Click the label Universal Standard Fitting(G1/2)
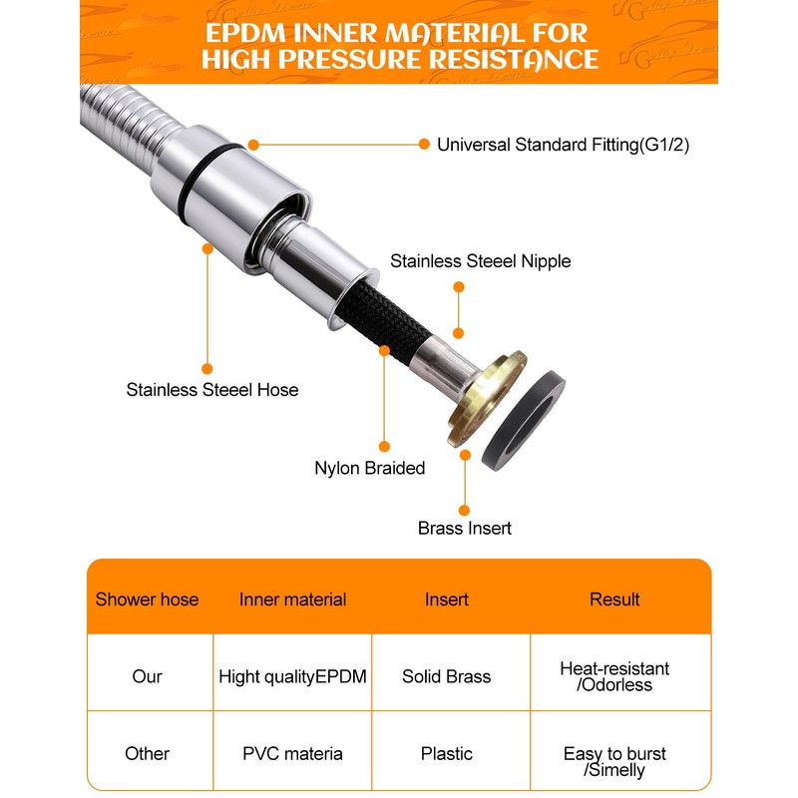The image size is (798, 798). pos(563,145)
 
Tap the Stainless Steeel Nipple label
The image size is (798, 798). pos(481,261)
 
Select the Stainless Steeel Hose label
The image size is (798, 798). pos(212,390)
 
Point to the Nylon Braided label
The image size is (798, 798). pos(370,468)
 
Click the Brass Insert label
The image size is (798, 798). pos(465,528)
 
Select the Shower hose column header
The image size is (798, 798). pos(147,599)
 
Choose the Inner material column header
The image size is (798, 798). pos(293,599)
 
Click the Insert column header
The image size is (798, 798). pos(447,599)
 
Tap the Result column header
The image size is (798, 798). pos(614,599)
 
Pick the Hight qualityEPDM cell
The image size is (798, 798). pos(293,676)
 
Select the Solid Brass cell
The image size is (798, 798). pos(447,676)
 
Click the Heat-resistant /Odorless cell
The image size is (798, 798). pos(614,676)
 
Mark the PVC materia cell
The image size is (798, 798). pos(293,753)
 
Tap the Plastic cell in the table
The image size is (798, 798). pos(447,753)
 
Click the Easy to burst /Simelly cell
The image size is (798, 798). pos(614,761)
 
